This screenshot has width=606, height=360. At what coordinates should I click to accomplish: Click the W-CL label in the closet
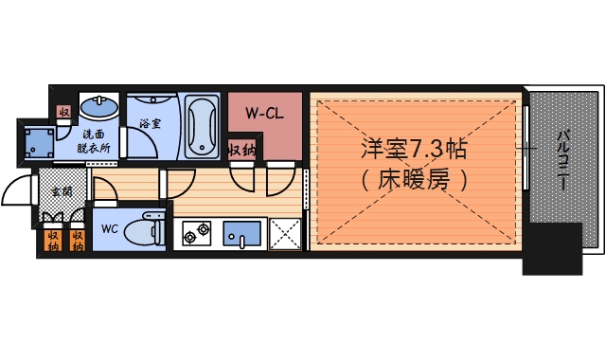(265, 115)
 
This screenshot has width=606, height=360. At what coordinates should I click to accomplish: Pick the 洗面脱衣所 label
(95, 142)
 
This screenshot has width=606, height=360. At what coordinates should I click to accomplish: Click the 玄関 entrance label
(62, 190)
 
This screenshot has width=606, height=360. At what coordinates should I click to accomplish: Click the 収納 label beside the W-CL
(241, 150)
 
